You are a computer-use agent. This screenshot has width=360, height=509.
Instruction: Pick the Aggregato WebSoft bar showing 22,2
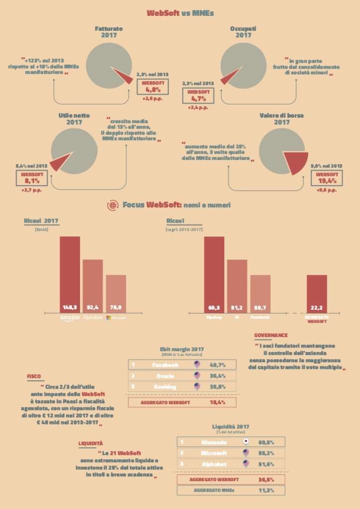coord(317,293)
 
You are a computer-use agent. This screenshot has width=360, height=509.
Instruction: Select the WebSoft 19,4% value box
coord(327,178)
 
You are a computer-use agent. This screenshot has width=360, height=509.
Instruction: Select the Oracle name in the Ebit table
coord(165,376)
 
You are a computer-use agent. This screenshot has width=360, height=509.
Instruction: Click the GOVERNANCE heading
coord(271,335)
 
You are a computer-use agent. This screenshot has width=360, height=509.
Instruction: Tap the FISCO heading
coord(34,376)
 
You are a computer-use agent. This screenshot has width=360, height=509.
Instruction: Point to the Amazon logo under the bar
coord(70,318)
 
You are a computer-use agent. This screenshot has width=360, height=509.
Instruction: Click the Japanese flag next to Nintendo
coord(245,441)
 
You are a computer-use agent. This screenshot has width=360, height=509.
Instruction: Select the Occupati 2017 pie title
coord(243,32)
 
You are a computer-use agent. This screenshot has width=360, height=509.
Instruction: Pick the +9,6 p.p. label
coord(327,190)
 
